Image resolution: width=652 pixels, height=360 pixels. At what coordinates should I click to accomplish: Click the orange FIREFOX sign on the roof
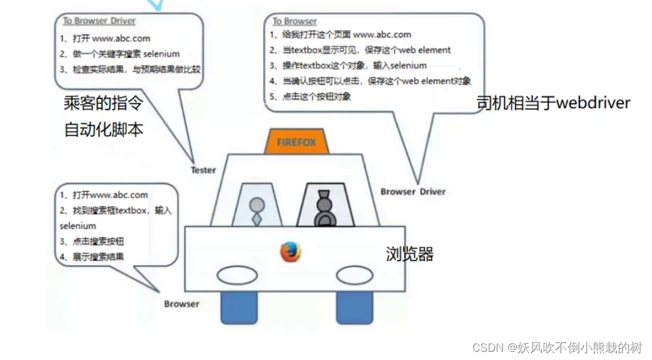tap(296, 142)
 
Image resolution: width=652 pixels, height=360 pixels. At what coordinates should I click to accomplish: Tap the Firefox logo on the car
tap(290, 252)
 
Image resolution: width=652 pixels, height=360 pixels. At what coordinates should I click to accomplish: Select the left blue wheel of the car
tap(238, 308)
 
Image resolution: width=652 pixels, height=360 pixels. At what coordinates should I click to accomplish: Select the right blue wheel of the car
tap(355, 308)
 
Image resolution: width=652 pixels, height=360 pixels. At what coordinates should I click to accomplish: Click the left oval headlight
tap(237, 275)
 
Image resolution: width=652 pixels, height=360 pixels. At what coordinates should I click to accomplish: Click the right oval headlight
tap(355, 275)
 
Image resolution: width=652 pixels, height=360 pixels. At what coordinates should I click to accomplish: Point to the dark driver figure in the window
tap(323, 207)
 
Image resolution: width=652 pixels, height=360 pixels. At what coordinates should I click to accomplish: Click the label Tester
tap(203, 170)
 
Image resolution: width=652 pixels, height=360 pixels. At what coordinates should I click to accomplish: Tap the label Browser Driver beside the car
tap(413, 191)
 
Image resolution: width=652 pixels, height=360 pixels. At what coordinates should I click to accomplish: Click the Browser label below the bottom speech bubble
tap(181, 304)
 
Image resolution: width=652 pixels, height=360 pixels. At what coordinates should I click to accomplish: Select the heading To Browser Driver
tap(99, 21)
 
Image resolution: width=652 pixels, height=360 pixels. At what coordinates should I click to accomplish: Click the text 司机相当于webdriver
tap(553, 103)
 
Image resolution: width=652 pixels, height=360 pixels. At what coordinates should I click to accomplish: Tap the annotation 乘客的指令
tap(103, 103)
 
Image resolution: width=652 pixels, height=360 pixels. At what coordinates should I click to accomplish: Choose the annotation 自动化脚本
tap(103, 130)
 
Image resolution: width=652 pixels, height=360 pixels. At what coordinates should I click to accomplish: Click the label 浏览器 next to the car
tap(410, 254)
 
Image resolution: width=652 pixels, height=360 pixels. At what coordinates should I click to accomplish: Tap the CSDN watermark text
tap(558, 347)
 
